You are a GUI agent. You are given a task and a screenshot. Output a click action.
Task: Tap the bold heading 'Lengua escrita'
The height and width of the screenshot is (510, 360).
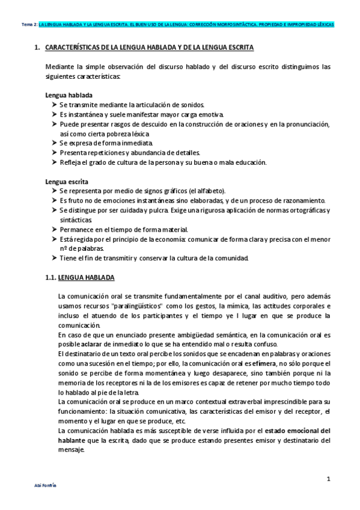click(67, 181)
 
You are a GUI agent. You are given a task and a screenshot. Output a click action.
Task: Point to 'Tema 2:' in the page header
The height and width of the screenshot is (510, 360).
click(28, 25)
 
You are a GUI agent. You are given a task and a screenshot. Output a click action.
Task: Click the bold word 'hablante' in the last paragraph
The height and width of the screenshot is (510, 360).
click(72, 440)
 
